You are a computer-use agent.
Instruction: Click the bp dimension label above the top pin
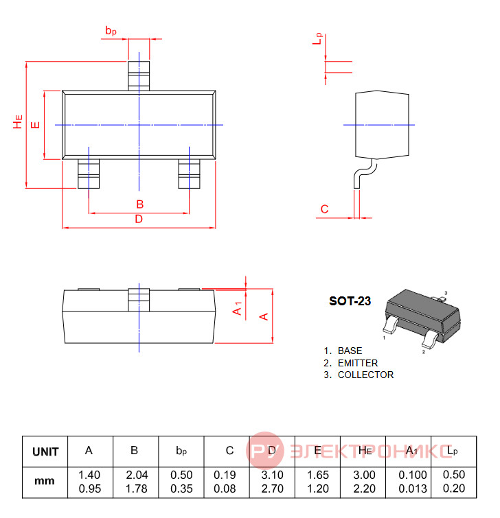[x=111, y=31]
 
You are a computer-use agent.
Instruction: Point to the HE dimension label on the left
[x=18, y=121]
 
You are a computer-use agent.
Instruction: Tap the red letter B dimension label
[x=140, y=204]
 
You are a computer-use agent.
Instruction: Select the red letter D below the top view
[x=139, y=219]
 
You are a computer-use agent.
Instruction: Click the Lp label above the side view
[x=317, y=38]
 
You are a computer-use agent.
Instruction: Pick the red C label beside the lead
[x=324, y=209]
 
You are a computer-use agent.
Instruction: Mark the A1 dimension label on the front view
[x=238, y=309]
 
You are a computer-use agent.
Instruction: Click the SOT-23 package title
[x=350, y=301]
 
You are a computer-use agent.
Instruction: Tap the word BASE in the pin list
[x=350, y=351]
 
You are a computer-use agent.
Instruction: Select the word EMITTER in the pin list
[x=358, y=363]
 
